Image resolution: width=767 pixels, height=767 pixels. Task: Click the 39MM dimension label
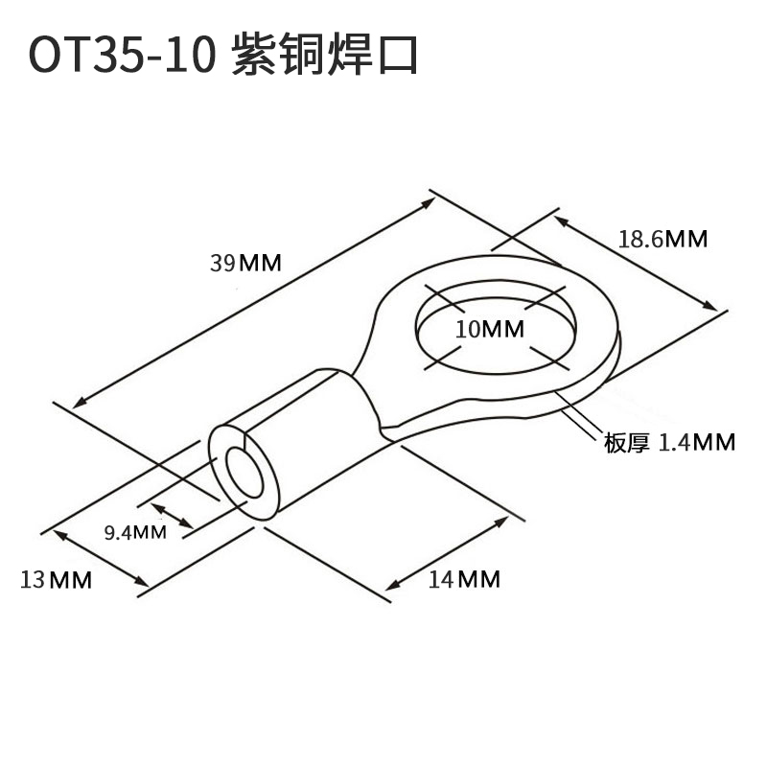coord(246,263)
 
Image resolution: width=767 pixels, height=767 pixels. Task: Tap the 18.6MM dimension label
coord(662,239)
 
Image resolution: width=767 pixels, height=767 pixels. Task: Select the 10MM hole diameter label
coord(490,329)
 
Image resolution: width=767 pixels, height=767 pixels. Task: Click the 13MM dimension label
coord(56,579)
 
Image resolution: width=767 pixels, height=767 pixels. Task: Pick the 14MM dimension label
coord(465,579)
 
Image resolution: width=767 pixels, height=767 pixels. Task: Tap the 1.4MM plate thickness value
coord(697,442)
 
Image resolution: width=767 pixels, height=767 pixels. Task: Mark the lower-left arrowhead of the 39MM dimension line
coord(79,403)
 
